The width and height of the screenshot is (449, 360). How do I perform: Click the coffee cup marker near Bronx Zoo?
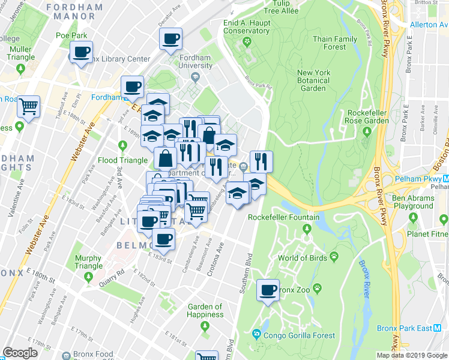(268, 291)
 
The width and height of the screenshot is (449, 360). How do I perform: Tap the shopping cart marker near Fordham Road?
(28, 108)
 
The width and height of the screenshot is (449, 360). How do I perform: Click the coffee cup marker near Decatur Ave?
(170, 39)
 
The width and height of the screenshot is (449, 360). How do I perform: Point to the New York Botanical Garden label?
(313, 80)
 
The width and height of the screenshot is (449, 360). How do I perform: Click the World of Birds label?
(304, 259)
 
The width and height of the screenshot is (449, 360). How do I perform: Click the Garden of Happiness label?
(205, 311)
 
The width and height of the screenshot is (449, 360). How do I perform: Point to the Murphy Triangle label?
(88, 262)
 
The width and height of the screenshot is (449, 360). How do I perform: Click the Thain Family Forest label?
(334, 43)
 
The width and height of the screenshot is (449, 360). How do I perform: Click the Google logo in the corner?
(20, 353)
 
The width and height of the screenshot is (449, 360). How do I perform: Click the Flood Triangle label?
(122, 160)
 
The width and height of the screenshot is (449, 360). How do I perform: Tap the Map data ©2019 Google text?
(411, 355)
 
